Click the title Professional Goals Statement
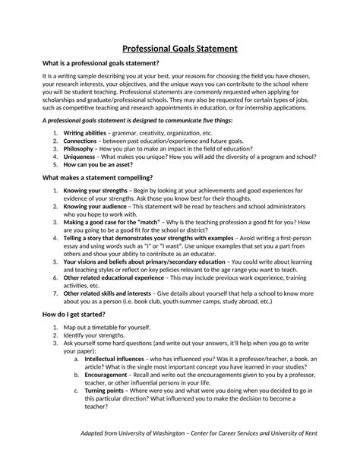180,49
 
